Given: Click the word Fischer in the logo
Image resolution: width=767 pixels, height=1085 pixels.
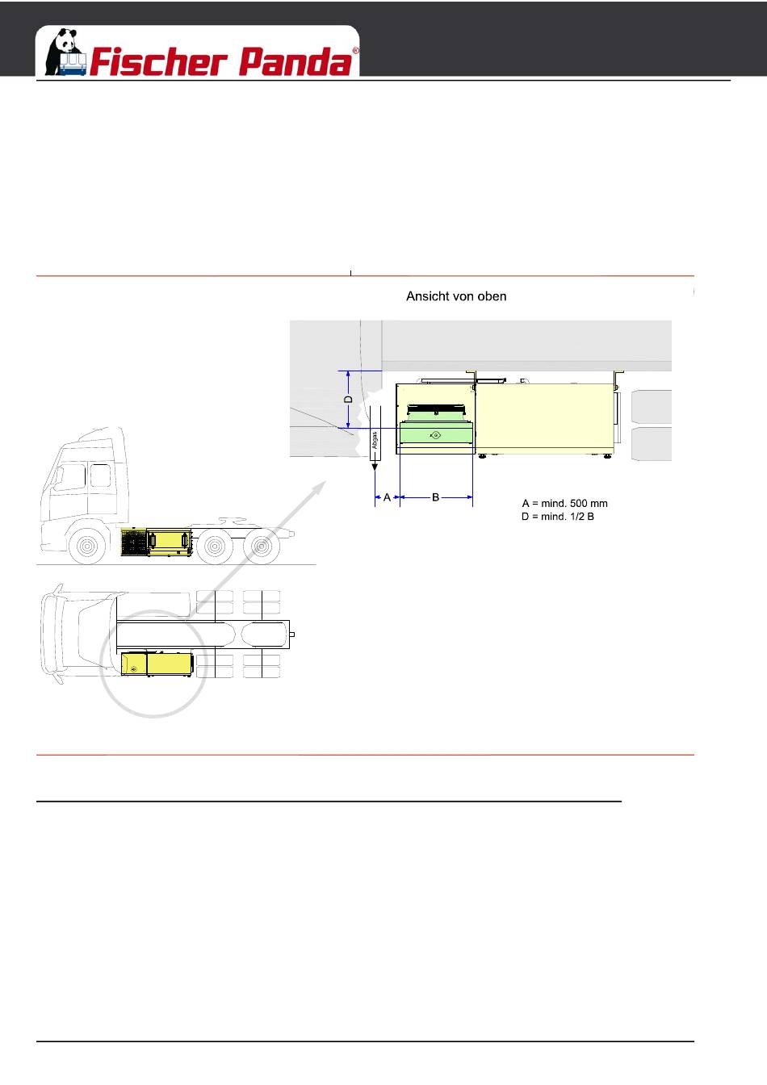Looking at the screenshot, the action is tap(159, 61).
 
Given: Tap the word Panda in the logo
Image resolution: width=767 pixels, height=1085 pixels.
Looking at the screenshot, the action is tap(295, 61).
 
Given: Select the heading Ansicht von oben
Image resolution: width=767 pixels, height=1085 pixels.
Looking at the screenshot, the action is tap(456, 296).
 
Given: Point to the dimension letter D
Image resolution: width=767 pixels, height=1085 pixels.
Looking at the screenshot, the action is tap(348, 400).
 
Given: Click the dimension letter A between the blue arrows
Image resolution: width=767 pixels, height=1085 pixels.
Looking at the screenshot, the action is tap(387, 497).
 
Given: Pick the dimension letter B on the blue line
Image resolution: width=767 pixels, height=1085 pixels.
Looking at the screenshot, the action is tap(435, 497).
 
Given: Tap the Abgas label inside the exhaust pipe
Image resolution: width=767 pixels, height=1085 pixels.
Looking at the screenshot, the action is tap(374, 440).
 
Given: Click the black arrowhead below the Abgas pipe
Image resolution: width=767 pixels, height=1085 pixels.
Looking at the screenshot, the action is tap(375, 467).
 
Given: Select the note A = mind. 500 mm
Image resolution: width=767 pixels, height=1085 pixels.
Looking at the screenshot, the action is tap(564, 504).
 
